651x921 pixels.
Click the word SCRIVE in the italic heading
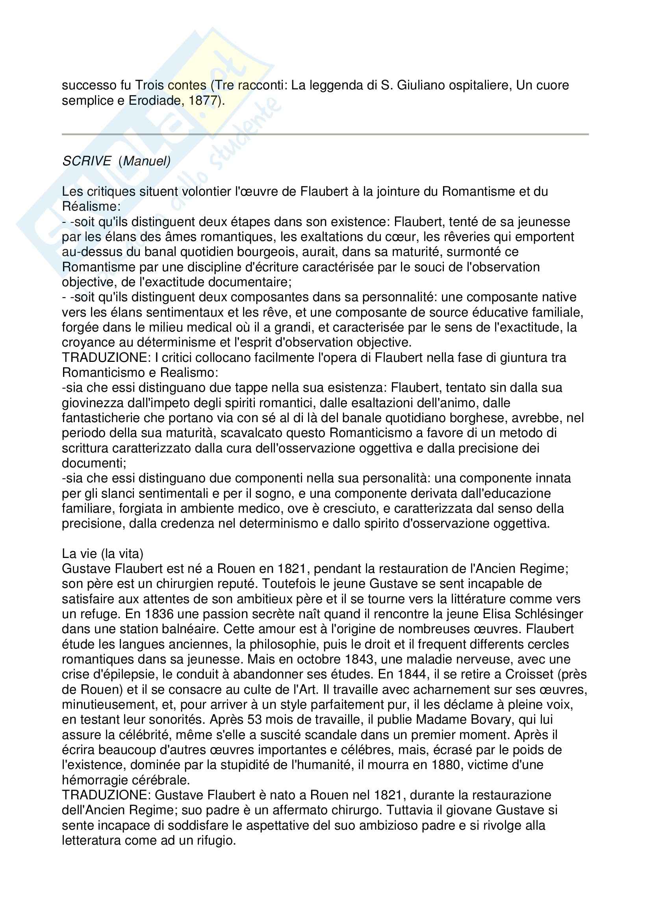(x=87, y=161)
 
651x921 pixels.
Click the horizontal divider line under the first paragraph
(x=325, y=134)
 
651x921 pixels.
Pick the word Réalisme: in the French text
(x=91, y=207)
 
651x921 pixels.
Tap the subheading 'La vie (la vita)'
(x=103, y=554)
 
